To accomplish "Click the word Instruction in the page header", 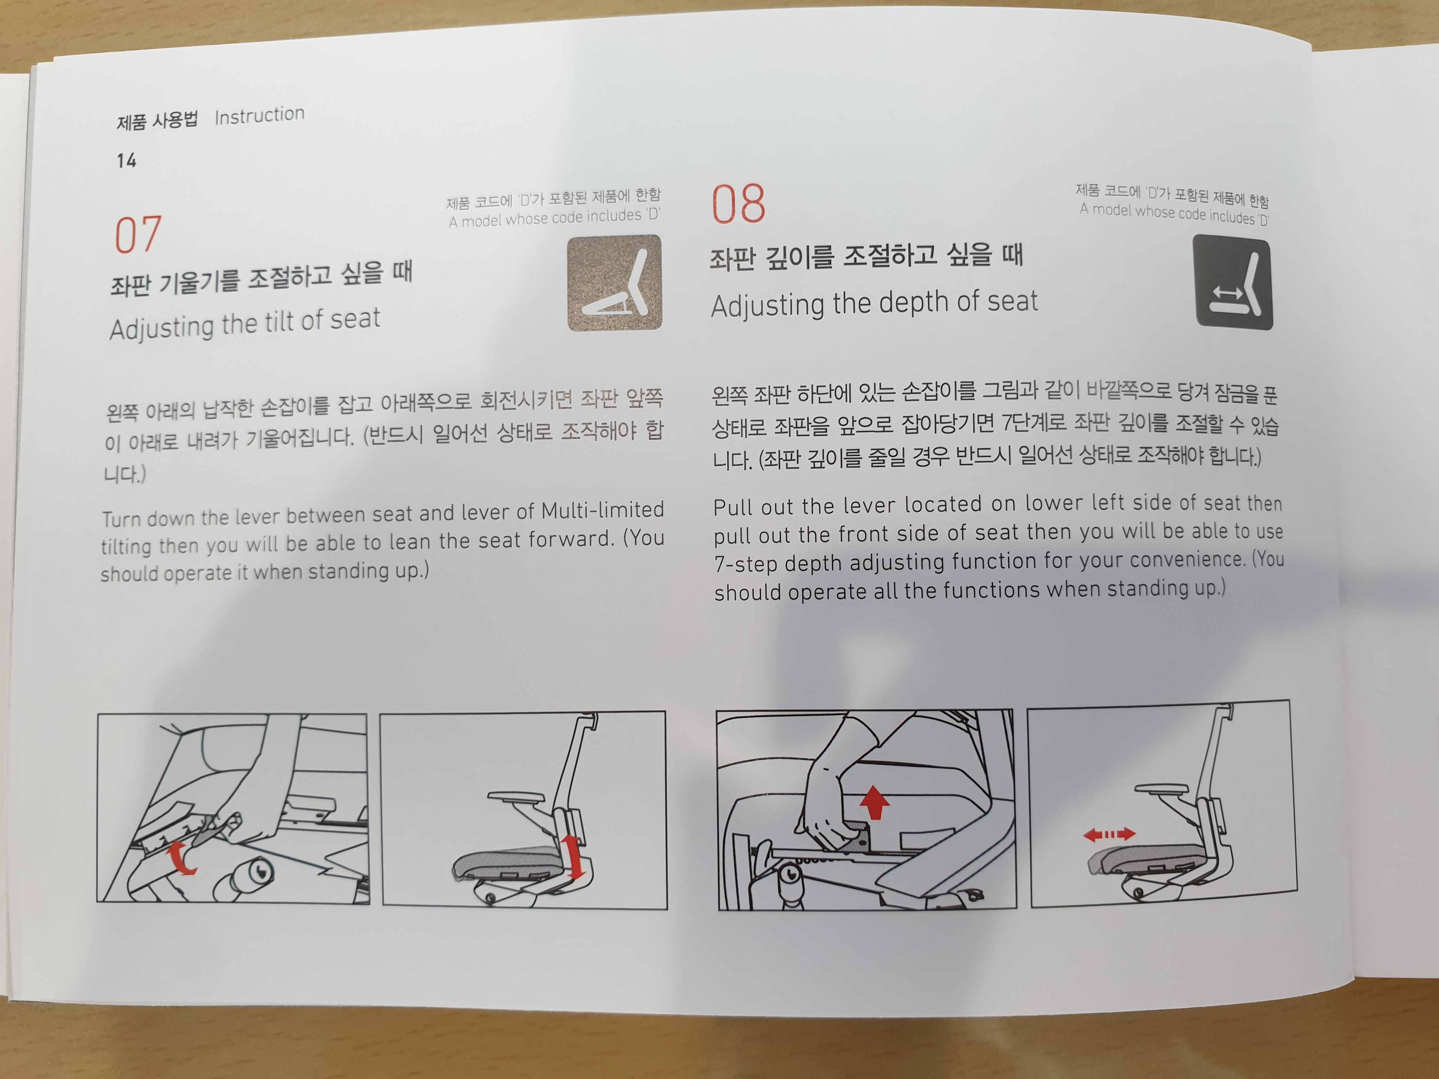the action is click(259, 115).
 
